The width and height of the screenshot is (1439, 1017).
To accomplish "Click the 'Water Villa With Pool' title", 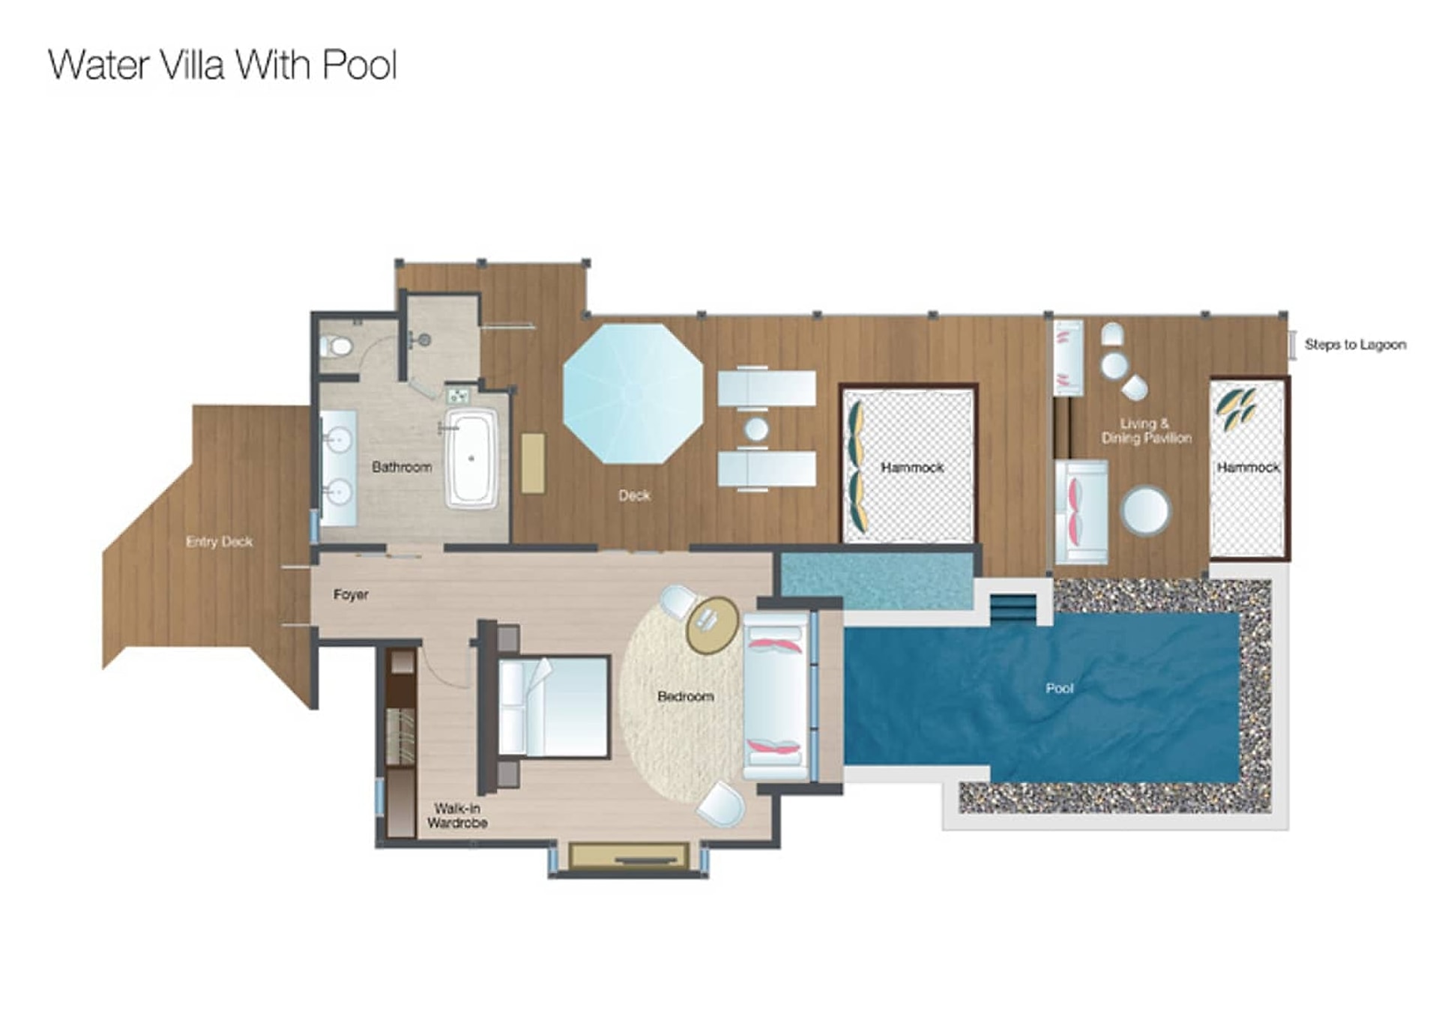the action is pos(223,65).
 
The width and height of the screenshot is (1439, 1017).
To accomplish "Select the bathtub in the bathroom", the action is pos(471,459).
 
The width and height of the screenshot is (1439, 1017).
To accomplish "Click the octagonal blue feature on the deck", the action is pos(633,393).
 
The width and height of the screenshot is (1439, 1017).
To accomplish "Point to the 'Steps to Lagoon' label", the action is pos(1355,345).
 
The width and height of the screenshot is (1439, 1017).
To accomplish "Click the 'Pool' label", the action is pos(1060,688).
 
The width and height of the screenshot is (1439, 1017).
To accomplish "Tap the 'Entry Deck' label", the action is pos(219,541).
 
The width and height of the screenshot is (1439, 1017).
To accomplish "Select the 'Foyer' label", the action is pos(351,594).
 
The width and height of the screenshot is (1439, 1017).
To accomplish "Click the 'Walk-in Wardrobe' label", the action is pos(457,815).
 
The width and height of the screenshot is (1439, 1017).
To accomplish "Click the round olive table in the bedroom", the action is pos(713,625).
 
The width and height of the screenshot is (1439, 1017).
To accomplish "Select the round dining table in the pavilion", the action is pos(1144,511).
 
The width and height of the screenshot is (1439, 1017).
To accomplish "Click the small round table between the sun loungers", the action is pos(756,429).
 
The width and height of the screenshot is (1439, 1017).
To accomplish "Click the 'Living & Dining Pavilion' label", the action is pos(1146,431).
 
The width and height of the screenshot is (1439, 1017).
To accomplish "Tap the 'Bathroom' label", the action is pos(402,467).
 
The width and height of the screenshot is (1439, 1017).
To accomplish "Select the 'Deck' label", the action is pos(634,495).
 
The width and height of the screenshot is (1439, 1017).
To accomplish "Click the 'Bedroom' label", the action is pos(685,696).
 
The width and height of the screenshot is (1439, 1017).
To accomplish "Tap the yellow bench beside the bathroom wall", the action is pos(533,463).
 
